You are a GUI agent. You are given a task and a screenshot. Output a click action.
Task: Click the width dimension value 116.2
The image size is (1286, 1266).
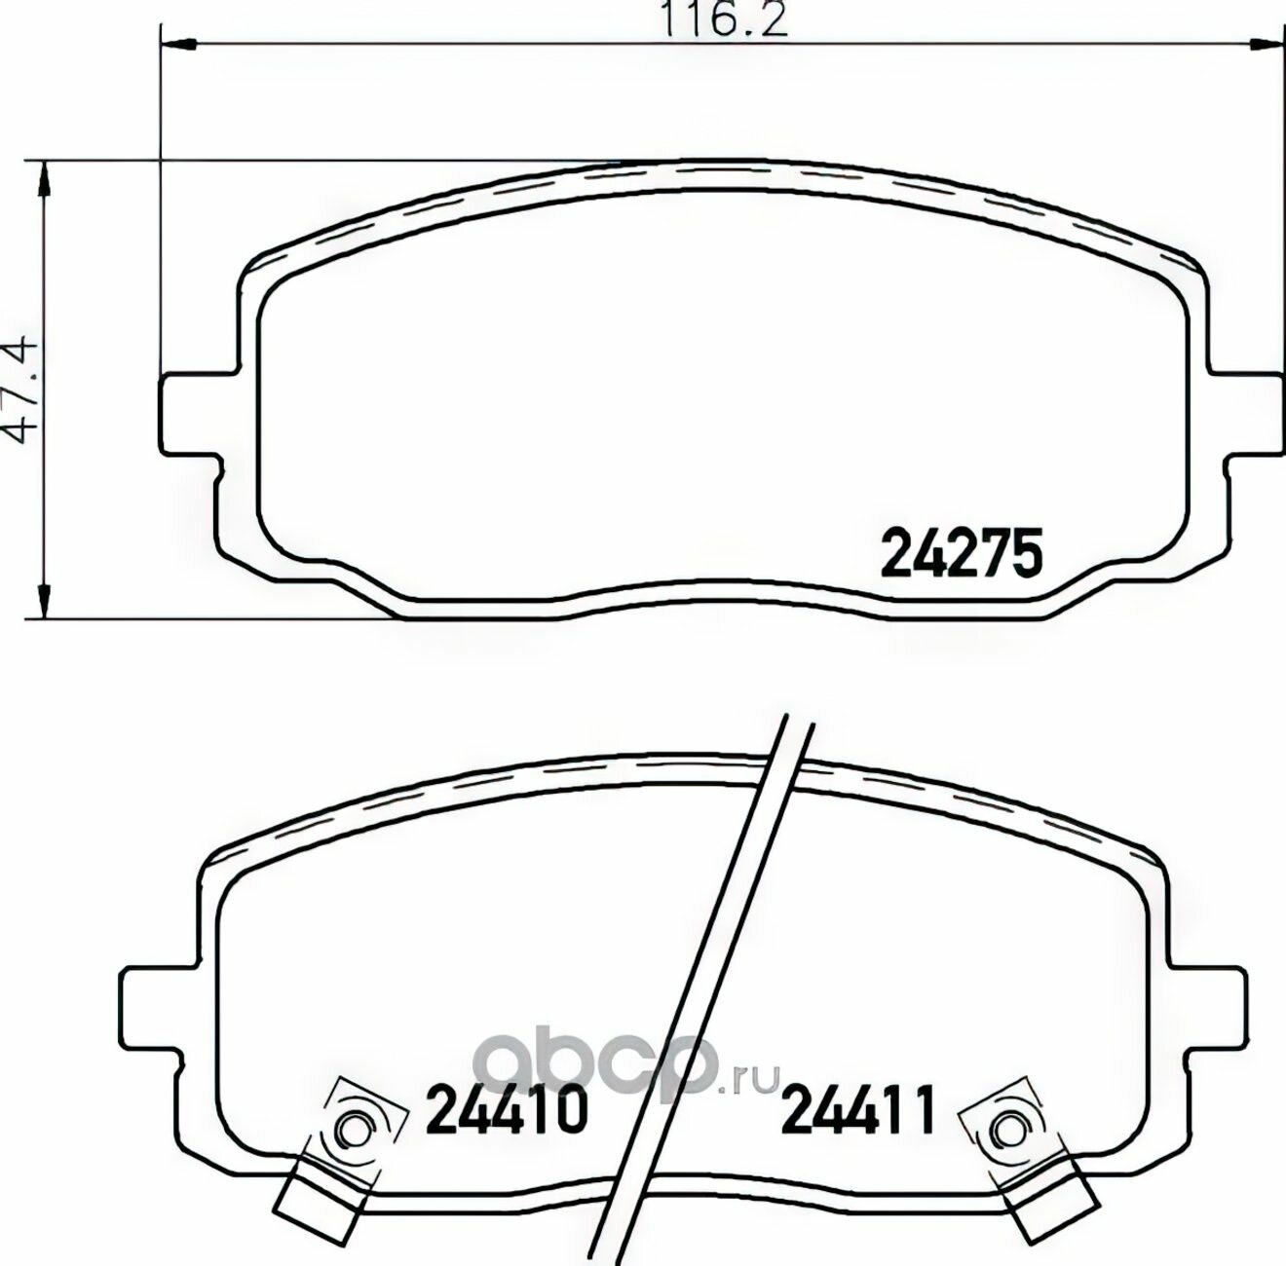coord(724,20)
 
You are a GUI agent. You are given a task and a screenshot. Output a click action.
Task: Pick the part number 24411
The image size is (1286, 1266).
coord(859,1109)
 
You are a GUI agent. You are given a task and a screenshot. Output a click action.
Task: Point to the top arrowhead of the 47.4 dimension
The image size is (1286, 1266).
coord(44,179)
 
